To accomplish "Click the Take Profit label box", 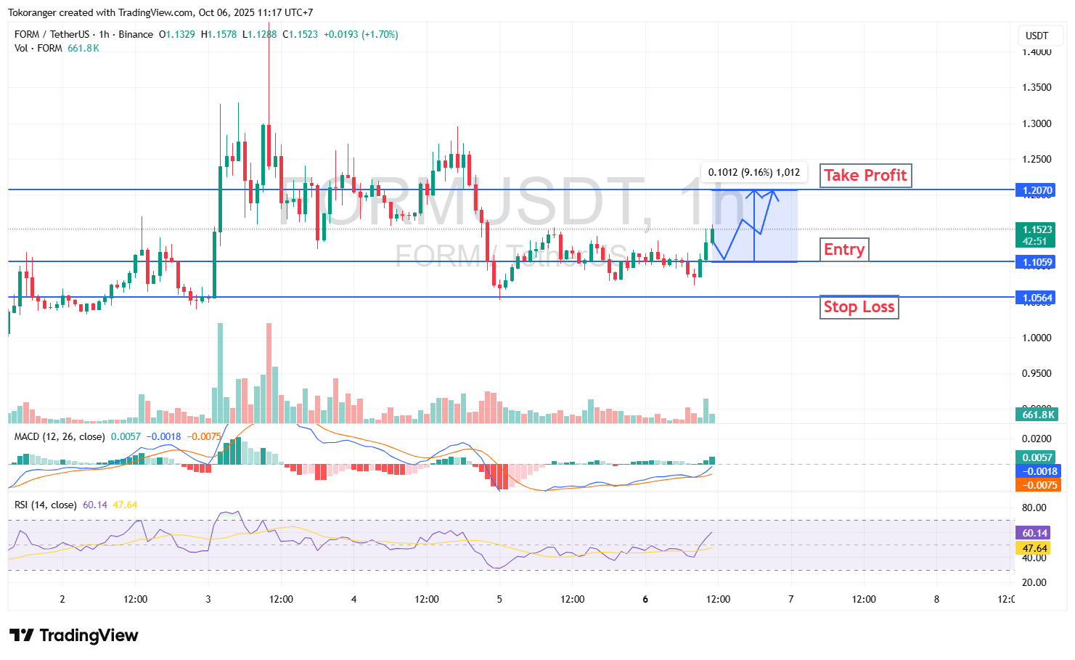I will point(865,176).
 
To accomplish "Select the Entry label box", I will point(844,250).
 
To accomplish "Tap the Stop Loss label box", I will point(859,307).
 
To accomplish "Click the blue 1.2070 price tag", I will point(1037,190).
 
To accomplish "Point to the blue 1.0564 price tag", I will point(1037,298).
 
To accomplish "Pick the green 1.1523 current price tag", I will point(1037,235).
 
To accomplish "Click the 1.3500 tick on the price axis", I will point(1037,87).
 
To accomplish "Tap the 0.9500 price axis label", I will point(1037,373).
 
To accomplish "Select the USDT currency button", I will point(1037,36).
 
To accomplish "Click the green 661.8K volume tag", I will point(1037,415).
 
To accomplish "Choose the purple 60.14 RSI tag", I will point(1034,533).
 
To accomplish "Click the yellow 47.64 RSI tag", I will point(1034,548).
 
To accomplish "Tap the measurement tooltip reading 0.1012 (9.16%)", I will point(753,173).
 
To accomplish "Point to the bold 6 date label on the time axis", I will point(645,599).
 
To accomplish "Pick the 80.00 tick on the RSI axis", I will point(1034,508).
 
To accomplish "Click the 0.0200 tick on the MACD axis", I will point(1037,439).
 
